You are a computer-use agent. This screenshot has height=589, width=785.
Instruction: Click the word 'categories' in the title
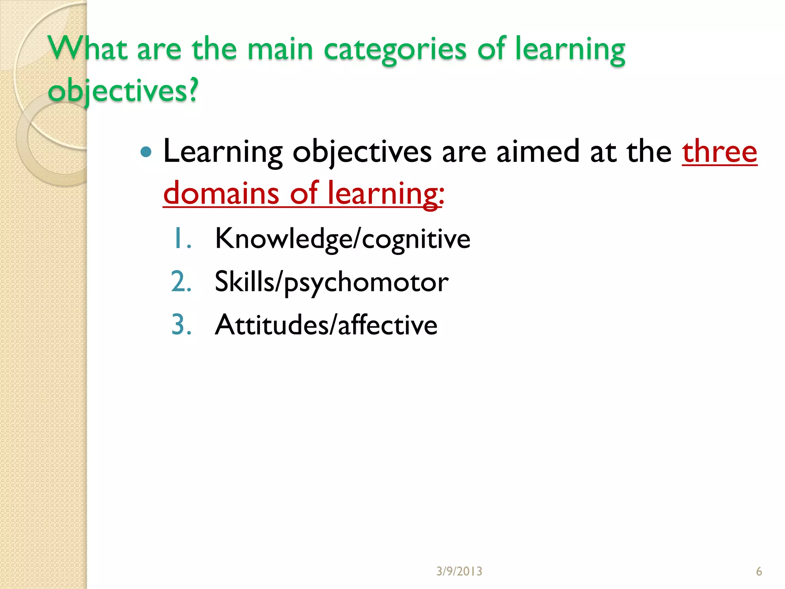(x=395, y=50)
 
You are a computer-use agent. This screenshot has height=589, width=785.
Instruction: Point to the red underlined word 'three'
(x=719, y=152)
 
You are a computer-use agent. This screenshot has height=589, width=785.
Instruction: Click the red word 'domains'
(x=221, y=193)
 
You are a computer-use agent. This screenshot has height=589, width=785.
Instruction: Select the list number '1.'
(x=182, y=239)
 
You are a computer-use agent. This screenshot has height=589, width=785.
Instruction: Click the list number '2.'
(x=181, y=282)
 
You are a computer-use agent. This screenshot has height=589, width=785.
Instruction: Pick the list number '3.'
(x=181, y=325)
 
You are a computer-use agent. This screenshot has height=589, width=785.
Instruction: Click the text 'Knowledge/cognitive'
(x=342, y=239)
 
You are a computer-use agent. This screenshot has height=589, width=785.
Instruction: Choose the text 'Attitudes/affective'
(x=326, y=325)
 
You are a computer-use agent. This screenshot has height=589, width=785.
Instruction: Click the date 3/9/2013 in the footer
(x=459, y=571)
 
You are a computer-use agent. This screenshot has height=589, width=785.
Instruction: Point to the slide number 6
(x=759, y=571)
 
